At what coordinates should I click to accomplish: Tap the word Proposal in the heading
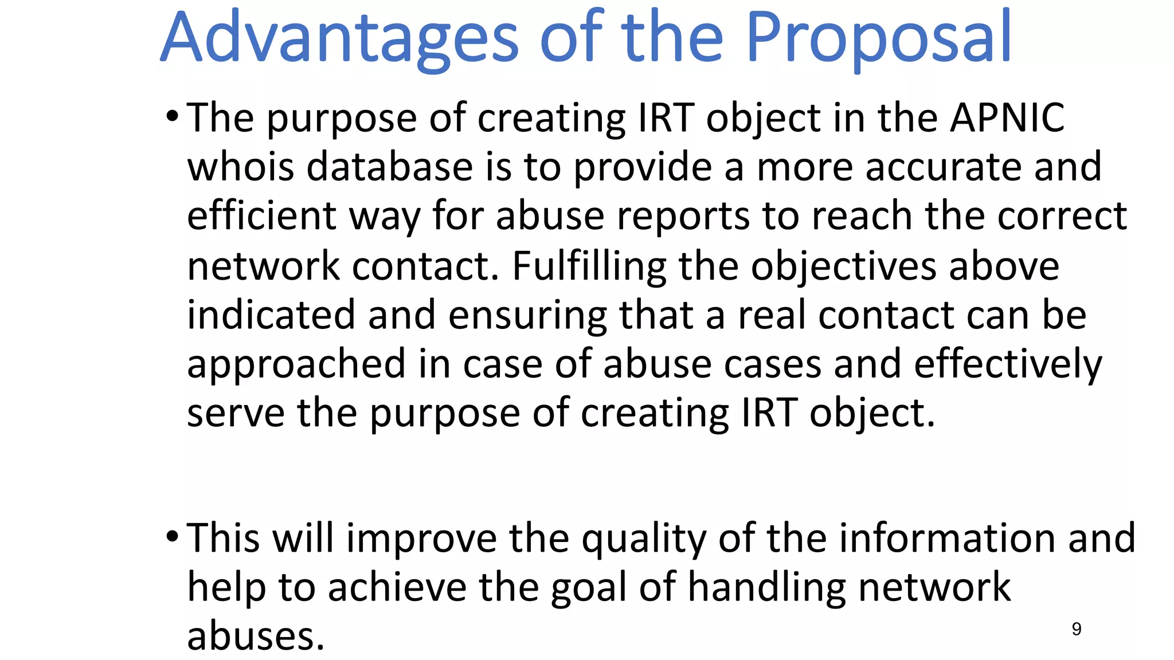coord(879,39)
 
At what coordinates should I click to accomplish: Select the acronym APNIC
coord(1007,118)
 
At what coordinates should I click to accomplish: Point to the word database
coord(390,167)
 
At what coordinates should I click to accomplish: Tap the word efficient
coord(261,216)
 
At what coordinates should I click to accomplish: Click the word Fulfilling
coord(589,266)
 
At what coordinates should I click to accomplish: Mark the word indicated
coord(271,315)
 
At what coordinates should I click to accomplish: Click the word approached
coord(296,365)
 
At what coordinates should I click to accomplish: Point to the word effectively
coord(1008,365)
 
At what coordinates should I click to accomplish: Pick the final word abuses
coord(256,636)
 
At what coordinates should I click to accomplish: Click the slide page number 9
coord(1077,629)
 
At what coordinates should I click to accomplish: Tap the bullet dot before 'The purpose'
coord(172,117)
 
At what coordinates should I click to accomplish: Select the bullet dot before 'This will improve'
coord(172,537)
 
